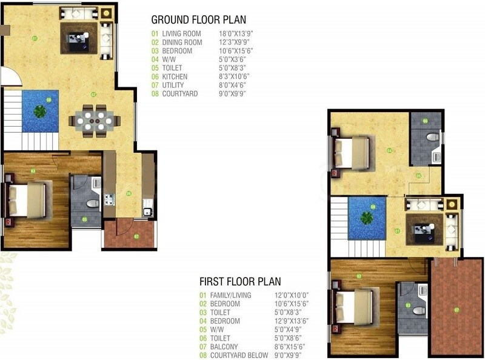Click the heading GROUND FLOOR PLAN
198,19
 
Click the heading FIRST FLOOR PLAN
240,281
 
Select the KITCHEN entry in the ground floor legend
175,77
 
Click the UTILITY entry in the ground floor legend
175,85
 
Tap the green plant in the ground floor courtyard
40,111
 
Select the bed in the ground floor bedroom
27,201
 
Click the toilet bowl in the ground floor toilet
92,203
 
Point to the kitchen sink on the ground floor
147,212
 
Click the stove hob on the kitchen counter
110,199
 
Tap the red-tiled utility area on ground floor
129,234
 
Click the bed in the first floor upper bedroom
351,152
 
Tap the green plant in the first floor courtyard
367,217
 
